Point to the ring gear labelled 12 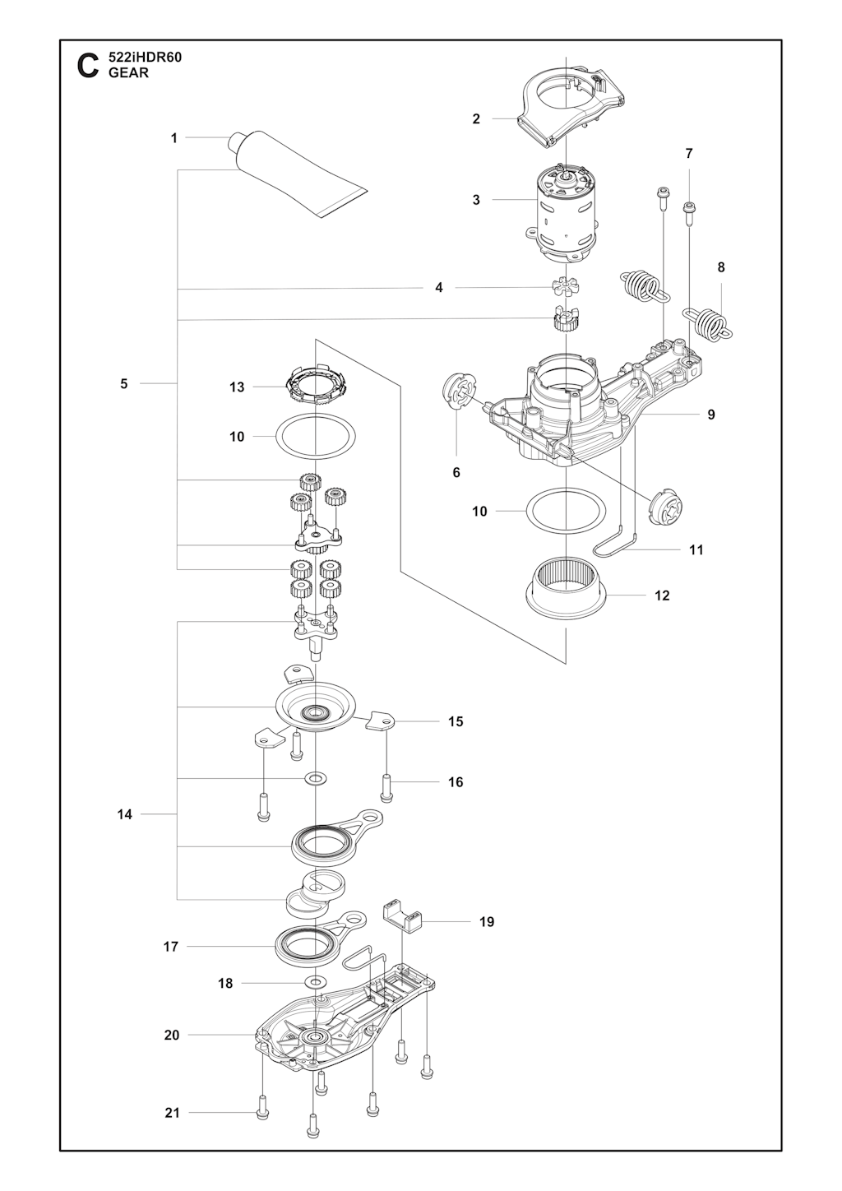point(566,591)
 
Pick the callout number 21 point(172,1098)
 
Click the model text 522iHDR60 point(145,58)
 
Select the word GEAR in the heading point(128,73)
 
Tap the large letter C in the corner point(88,66)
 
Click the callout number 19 point(487,921)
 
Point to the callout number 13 point(237,387)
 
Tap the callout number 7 point(689,154)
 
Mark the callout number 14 point(125,814)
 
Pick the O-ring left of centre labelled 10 point(316,436)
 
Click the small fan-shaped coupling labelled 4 point(566,288)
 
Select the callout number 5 point(124,383)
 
